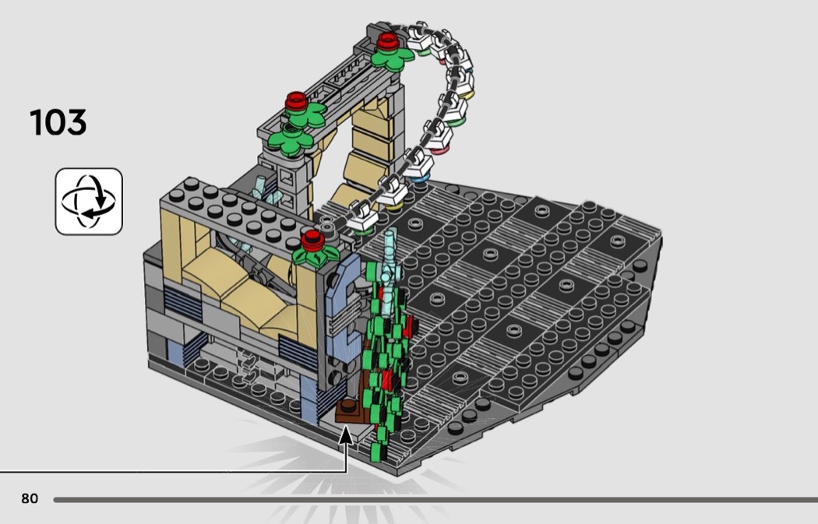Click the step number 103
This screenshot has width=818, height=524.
coord(58,122)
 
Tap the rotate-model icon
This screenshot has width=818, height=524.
coord(89,201)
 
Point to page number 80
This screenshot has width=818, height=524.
coord(30,498)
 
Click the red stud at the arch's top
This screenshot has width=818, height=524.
coord(388,41)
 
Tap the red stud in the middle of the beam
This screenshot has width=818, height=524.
coord(296,101)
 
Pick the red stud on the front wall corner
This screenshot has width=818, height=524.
coord(313,240)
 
